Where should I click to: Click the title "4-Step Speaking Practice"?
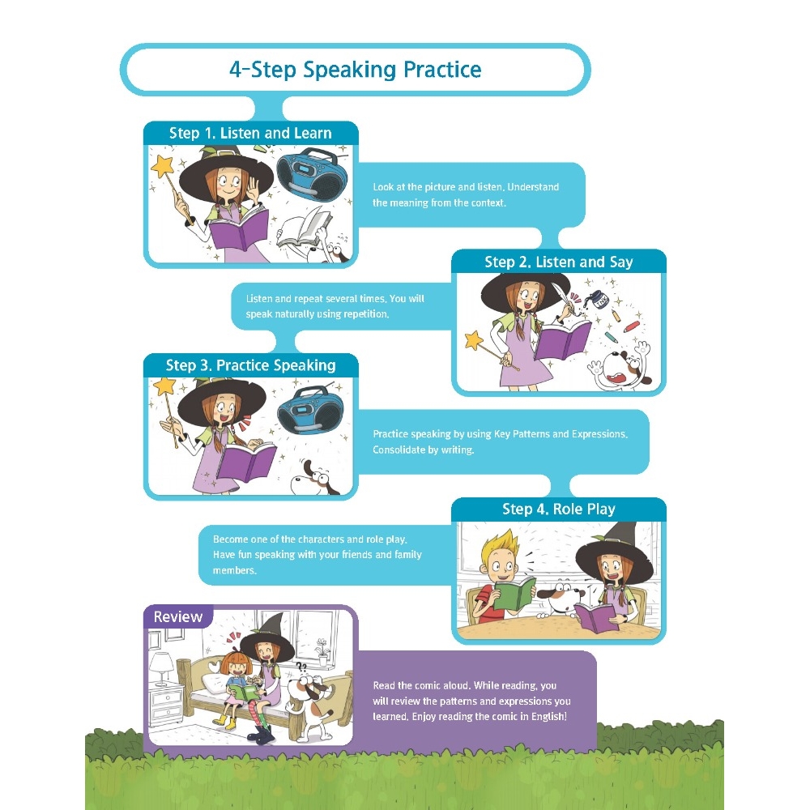click(x=356, y=69)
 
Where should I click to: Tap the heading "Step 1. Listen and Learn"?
click(x=250, y=134)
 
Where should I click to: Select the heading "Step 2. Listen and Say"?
click(x=558, y=262)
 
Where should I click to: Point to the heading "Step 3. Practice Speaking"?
click(x=250, y=365)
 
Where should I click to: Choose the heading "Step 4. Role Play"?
click(x=558, y=509)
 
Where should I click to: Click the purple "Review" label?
click(x=177, y=616)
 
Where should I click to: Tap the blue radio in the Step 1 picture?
click(x=315, y=175)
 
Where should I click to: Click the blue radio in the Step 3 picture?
click(x=311, y=410)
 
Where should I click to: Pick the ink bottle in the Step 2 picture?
click(x=599, y=299)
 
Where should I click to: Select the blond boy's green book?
click(x=514, y=593)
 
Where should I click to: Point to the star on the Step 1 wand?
click(x=164, y=165)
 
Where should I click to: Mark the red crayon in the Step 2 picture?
click(x=632, y=326)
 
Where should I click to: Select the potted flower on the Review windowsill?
click(x=322, y=652)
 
